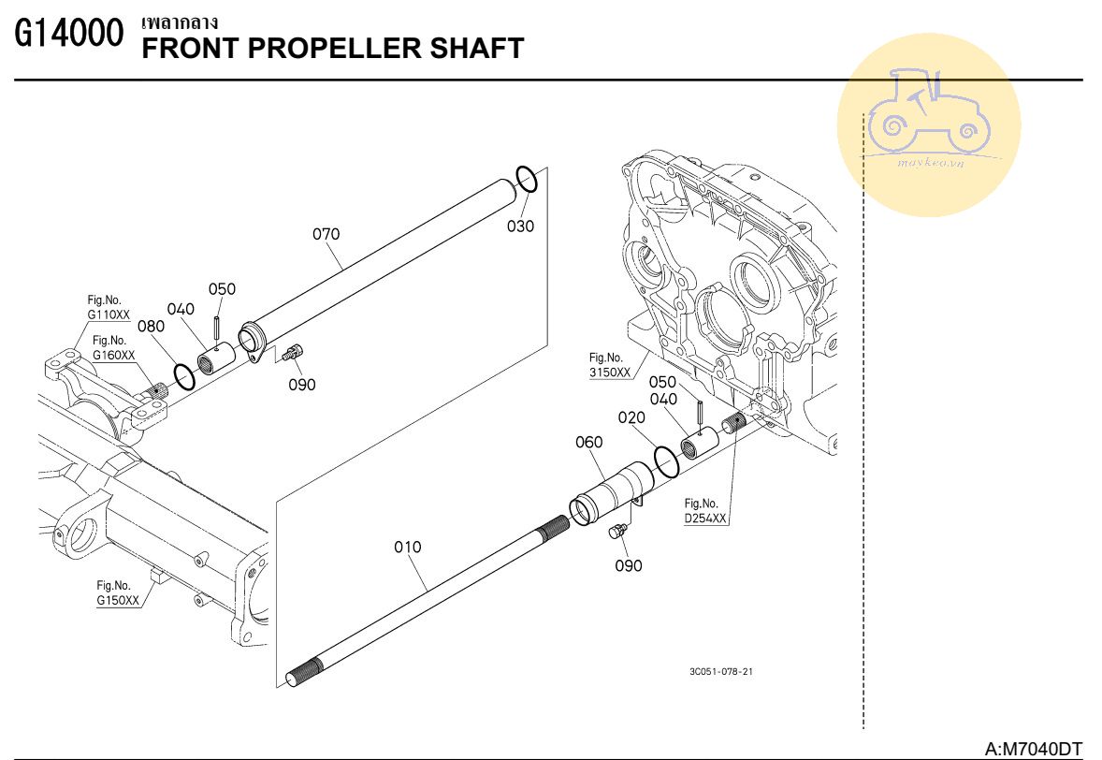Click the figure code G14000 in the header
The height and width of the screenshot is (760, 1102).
69,33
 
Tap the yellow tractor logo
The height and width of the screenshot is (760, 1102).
929,124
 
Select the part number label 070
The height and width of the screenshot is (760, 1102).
326,234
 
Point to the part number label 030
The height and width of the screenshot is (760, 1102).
521,227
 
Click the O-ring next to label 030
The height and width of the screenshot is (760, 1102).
527,179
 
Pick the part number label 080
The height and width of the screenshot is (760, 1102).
152,327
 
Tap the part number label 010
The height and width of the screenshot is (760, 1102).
408,547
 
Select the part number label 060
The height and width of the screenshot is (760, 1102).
589,442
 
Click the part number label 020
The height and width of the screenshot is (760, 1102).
631,417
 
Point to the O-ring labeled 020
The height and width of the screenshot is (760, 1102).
666,462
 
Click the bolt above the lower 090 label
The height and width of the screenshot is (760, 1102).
617,532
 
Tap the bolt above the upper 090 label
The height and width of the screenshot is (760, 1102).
293,352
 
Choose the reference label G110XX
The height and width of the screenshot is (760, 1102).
109,315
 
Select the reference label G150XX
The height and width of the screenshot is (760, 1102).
117,600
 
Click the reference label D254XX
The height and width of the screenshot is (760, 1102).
705,519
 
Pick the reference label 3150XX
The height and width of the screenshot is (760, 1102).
610,373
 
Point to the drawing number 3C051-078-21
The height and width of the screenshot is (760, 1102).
721,671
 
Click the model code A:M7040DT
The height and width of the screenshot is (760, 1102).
1033,750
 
